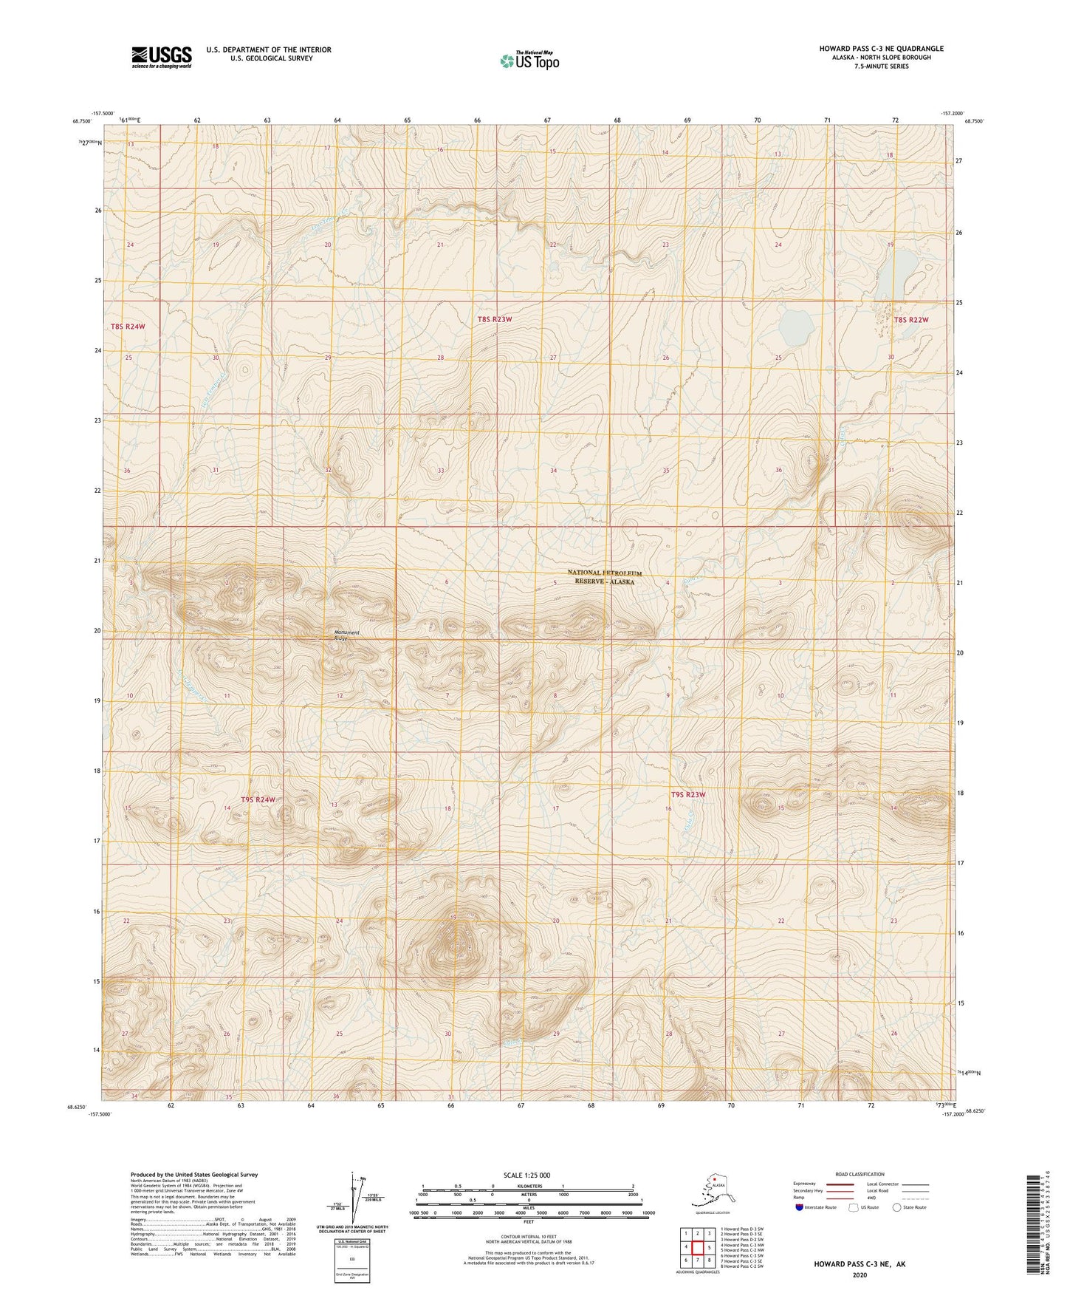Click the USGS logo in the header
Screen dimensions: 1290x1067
coord(161,57)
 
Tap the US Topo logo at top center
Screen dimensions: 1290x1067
coord(529,60)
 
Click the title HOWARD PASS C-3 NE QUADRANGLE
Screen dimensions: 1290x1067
coord(881,49)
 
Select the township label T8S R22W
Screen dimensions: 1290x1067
coord(910,320)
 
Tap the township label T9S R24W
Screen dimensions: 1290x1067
coord(258,799)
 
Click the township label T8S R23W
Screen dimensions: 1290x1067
coord(494,319)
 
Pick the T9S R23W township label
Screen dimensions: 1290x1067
coord(688,795)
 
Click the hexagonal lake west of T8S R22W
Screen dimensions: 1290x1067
coord(795,326)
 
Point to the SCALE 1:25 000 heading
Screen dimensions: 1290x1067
coord(527,1175)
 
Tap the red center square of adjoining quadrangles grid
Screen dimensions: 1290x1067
coord(697,1247)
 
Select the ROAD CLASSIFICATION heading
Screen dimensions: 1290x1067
coord(860,1174)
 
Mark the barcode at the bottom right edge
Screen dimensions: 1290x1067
coord(1035,1226)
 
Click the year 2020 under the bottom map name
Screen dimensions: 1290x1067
coord(859,1274)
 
